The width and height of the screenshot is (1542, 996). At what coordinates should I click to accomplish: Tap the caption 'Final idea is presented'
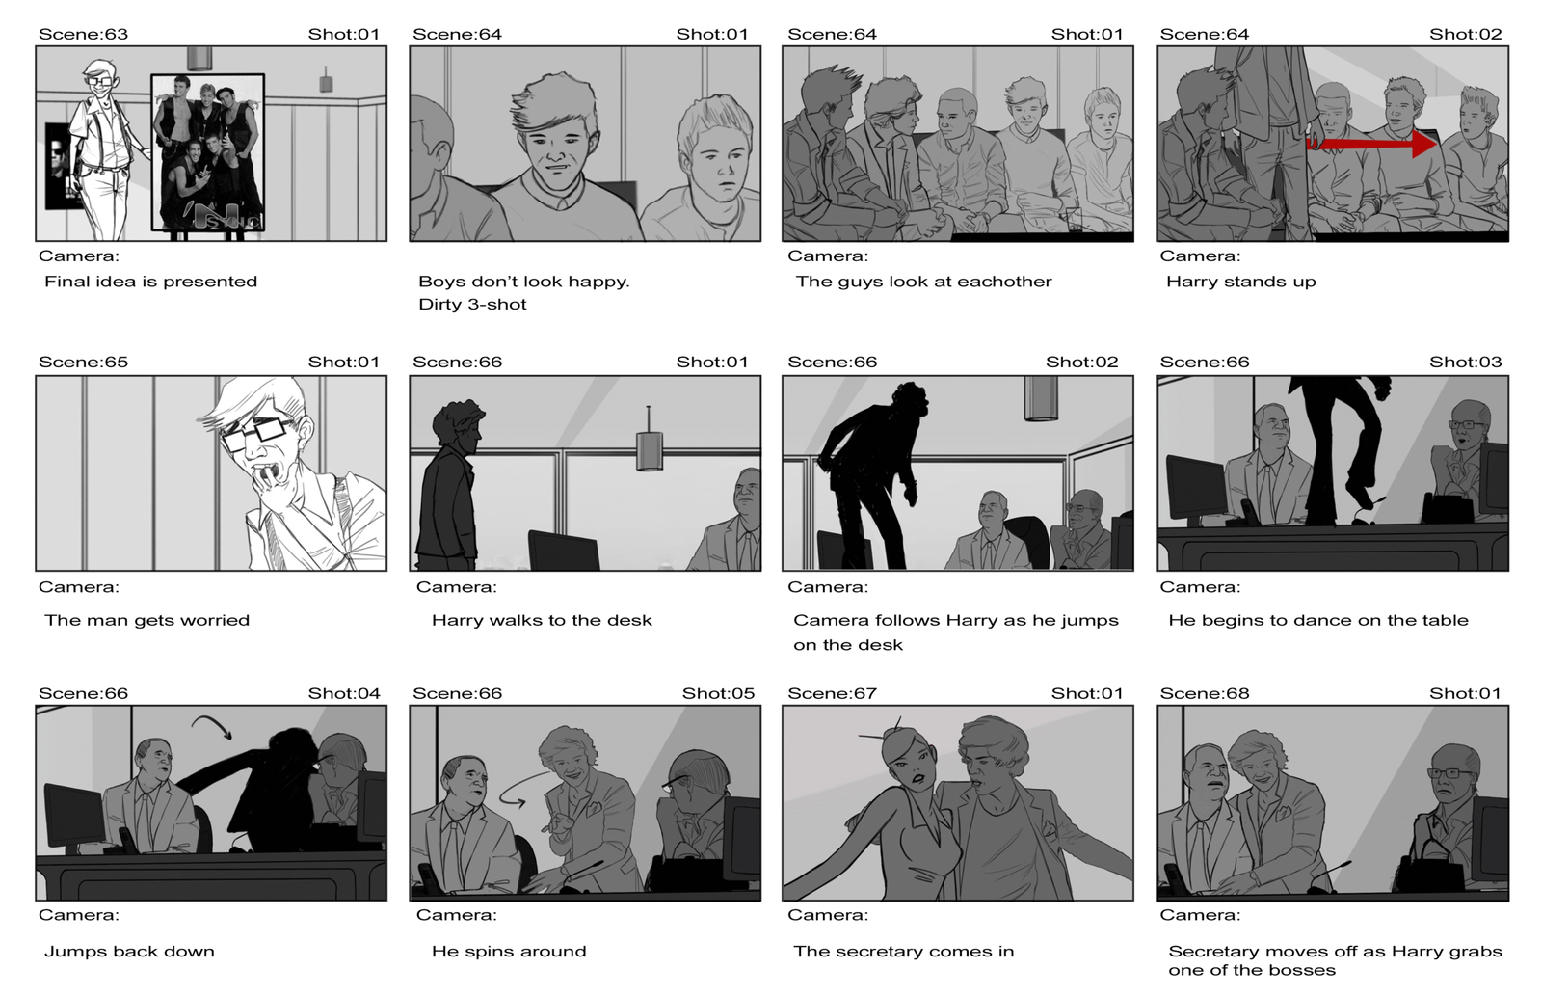click(150, 282)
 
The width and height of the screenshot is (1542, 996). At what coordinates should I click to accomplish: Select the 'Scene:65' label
click(83, 363)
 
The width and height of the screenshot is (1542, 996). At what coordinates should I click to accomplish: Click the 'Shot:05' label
click(718, 693)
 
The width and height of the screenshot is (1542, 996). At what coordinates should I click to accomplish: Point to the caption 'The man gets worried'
click(146, 621)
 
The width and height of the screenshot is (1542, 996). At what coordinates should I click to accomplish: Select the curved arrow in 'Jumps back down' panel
click(212, 725)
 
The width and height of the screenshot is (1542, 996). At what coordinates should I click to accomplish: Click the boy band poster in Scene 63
click(207, 152)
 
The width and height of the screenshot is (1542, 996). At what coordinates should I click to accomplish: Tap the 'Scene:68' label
click(1204, 693)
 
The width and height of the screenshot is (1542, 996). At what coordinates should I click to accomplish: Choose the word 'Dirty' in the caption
click(440, 305)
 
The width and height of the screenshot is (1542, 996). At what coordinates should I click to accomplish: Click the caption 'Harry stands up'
click(1240, 282)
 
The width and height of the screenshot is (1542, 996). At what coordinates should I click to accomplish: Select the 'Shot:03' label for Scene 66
click(1466, 363)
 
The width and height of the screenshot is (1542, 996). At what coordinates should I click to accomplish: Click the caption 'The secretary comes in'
click(903, 952)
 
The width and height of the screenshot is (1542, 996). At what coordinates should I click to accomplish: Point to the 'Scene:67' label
click(832, 693)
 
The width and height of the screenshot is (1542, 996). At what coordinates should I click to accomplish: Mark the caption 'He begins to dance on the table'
click(1317, 621)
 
